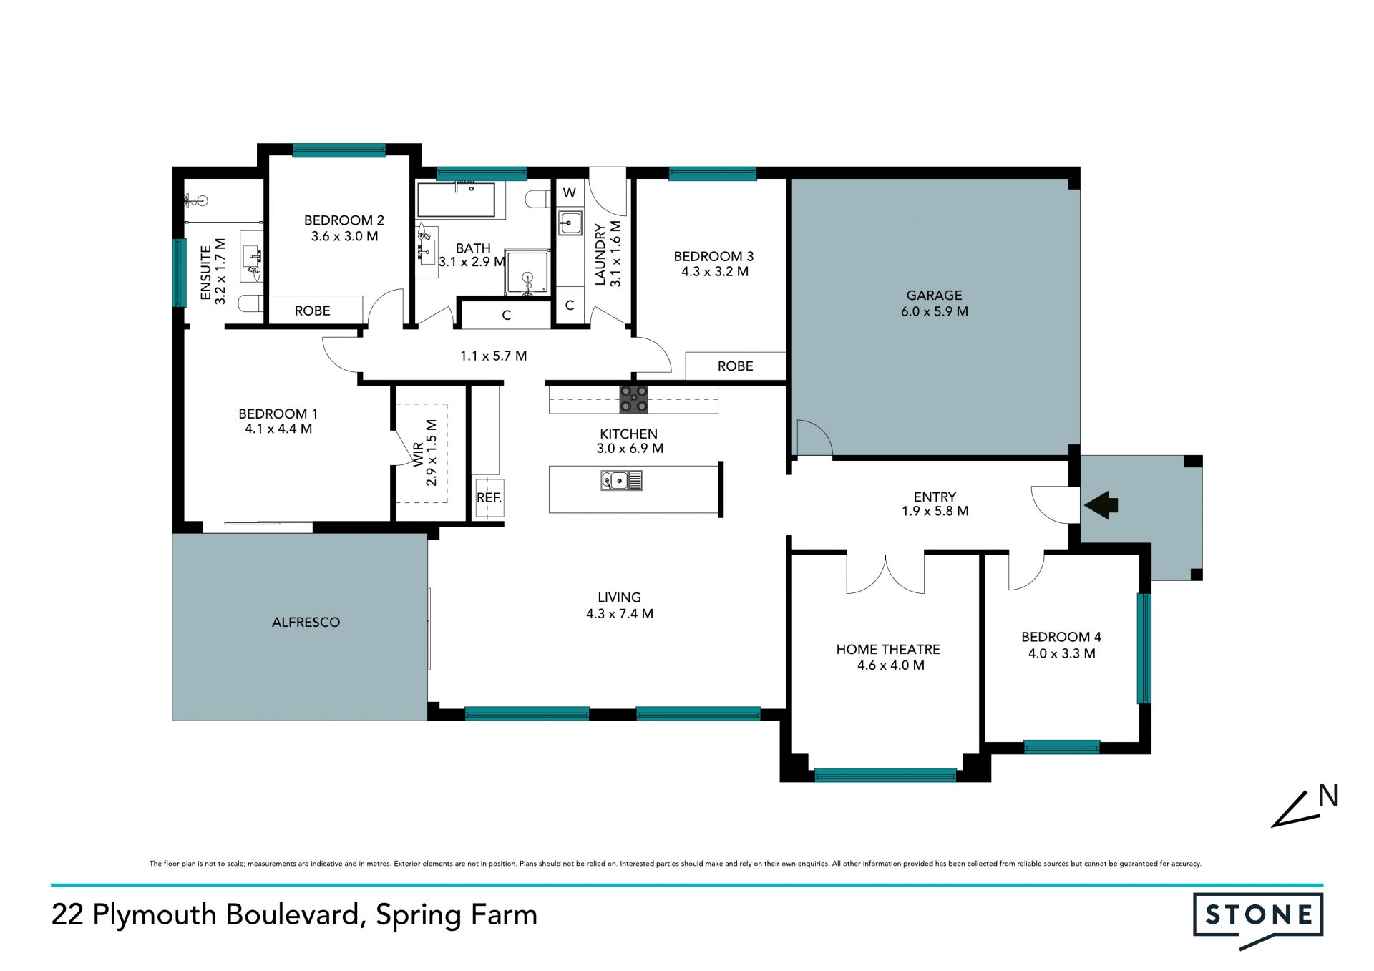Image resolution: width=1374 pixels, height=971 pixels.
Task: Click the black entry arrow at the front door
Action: pyautogui.click(x=1101, y=504)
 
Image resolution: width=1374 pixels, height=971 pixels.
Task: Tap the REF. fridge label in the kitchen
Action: pyautogui.click(x=489, y=497)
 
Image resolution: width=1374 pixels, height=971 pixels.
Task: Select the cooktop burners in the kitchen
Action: pyautogui.click(x=633, y=399)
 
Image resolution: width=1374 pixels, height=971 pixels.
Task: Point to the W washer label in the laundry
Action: pyautogui.click(x=570, y=192)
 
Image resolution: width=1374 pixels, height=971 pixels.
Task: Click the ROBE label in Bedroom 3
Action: pyautogui.click(x=736, y=366)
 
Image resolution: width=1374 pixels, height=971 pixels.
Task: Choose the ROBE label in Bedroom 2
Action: pyautogui.click(x=313, y=311)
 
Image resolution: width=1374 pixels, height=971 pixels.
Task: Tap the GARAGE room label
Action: pyautogui.click(x=934, y=295)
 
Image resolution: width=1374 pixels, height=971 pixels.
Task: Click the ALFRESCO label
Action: pyautogui.click(x=306, y=622)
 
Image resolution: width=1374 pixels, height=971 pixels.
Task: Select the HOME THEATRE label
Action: pyautogui.click(x=888, y=649)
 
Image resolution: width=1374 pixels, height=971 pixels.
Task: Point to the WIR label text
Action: pyautogui.click(x=418, y=454)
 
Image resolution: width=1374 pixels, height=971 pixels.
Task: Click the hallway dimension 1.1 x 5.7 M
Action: pyautogui.click(x=493, y=356)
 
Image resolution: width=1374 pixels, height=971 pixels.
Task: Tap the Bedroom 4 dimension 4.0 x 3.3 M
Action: pyautogui.click(x=1062, y=653)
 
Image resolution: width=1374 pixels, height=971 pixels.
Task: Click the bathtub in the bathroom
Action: pyautogui.click(x=457, y=200)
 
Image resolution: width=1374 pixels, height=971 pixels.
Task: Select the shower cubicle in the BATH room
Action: pyautogui.click(x=527, y=272)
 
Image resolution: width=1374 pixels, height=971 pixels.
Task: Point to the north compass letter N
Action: pyautogui.click(x=1328, y=796)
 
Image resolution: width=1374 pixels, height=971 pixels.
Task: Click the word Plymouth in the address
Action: pyautogui.click(x=155, y=915)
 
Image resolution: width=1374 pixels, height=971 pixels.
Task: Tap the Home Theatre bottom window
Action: pyautogui.click(x=885, y=775)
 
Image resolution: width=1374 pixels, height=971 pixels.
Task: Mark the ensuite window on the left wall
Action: pyautogui.click(x=180, y=273)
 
